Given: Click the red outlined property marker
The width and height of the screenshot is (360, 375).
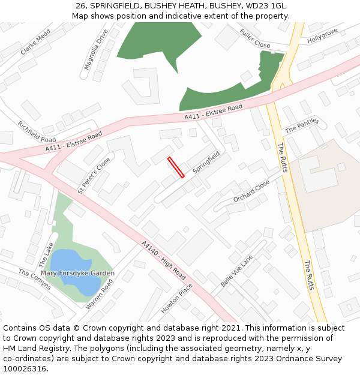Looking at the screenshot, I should point(176,167).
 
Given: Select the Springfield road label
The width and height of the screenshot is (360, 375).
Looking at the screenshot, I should point(206,163).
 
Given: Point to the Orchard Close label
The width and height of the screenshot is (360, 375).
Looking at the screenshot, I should point(251,191).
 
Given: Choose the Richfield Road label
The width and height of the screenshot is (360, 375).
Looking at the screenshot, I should point(37,131).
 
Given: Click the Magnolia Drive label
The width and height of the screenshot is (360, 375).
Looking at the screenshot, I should point(95,49).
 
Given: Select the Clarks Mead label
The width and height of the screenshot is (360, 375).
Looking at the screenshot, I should point(35,43).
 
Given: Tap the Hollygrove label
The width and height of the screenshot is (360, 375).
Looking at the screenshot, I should point(323,35).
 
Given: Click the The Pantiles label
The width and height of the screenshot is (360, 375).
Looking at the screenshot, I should point(302,125).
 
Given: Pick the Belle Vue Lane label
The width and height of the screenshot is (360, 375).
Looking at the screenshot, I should point(236,271).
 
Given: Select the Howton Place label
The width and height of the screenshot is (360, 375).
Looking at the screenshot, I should point(177,298).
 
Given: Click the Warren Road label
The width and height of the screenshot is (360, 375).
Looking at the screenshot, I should point(99,294).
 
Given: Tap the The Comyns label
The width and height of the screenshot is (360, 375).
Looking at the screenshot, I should point(35,279).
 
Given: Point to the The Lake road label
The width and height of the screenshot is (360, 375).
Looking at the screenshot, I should point(46,254).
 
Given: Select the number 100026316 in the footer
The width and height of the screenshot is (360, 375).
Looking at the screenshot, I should point(25,368).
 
